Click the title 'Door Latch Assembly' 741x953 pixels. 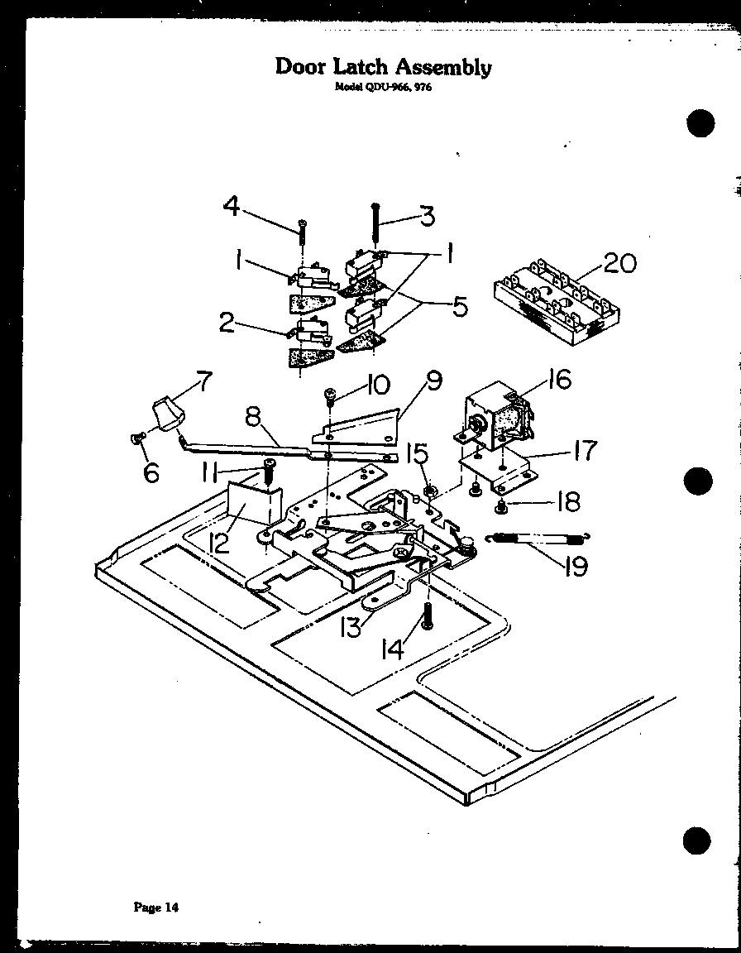[383, 67]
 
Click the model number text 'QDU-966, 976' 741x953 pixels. [383, 88]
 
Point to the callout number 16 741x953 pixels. [559, 380]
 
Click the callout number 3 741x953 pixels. [426, 216]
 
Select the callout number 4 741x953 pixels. [233, 206]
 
